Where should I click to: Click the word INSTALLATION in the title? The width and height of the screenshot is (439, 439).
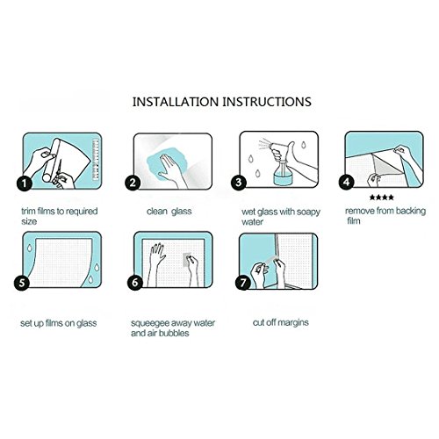176,102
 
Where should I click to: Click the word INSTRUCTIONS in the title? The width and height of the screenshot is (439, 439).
267,102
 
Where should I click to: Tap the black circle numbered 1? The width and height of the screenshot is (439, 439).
25,184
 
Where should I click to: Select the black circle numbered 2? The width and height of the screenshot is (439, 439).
133,183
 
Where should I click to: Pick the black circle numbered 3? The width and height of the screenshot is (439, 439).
239,183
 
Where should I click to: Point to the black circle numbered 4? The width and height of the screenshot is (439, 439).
347,182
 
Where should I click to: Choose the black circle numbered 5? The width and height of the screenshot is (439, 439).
22,283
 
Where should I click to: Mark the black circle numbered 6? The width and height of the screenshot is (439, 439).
135,283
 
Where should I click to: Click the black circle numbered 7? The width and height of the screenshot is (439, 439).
243,283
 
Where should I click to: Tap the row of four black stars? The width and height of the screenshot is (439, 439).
382,198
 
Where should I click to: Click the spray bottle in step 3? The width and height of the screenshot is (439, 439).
281,164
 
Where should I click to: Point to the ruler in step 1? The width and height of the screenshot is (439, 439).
96,160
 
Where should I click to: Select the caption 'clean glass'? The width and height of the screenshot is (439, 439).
169,212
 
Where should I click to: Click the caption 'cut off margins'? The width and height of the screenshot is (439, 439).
281,322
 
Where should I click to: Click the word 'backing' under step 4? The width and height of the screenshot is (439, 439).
411,212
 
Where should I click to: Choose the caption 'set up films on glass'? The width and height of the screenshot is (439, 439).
59,323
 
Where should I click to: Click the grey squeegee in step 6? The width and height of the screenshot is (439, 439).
187,260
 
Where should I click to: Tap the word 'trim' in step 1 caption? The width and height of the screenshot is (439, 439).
29,211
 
